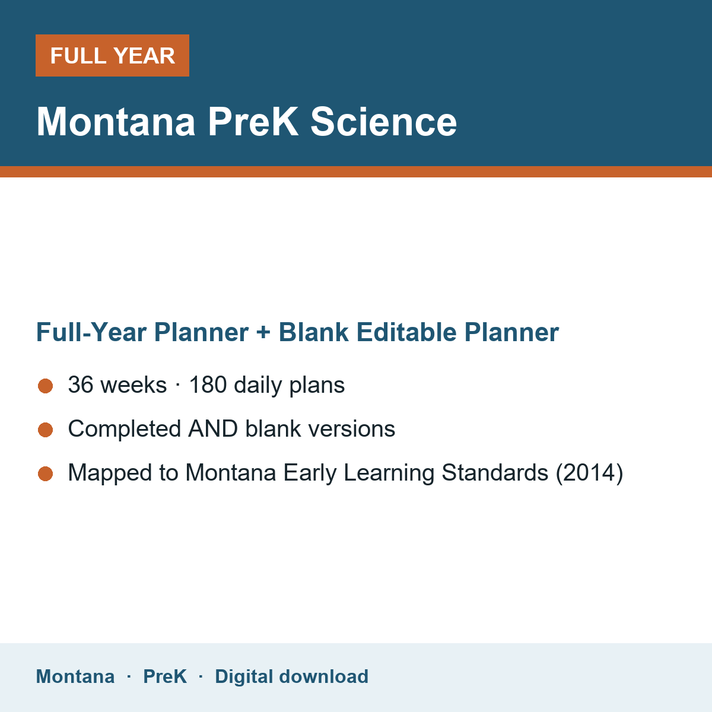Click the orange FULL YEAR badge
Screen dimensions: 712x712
coord(112,55)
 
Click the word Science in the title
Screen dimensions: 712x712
coord(383,122)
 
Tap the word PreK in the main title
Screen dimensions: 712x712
coord(253,122)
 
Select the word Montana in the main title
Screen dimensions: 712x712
coord(116,122)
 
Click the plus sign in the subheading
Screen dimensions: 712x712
coord(263,332)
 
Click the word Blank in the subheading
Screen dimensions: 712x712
coord(313,332)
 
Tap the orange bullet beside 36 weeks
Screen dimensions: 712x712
coord(46,386)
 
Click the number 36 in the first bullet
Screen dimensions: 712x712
coord(81,384)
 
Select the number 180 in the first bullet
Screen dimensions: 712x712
coord(208,384)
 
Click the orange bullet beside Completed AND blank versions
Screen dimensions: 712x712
coord(46,430)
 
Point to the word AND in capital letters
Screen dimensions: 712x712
coord(213,428)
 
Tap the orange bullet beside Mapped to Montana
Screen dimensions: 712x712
coord(46,473)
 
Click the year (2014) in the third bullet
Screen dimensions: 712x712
coord(590,473)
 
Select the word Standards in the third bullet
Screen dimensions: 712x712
coord(495,472)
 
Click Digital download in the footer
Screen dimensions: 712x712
coord(292,676)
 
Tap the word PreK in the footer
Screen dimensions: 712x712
coord(165,676)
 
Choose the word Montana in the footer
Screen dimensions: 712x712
coord(75,676)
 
